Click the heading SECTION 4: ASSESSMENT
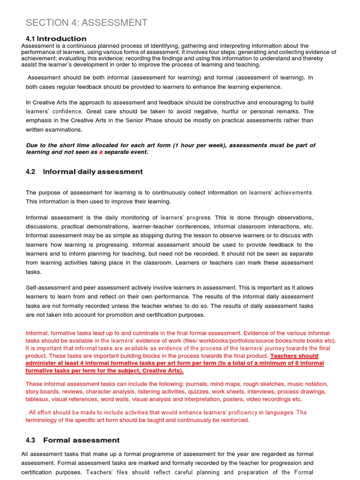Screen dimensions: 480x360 click(87, 22)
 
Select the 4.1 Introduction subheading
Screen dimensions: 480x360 click(56, 38)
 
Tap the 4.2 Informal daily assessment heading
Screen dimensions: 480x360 click(84, 172)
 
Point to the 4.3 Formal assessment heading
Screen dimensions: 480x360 click(73, 440)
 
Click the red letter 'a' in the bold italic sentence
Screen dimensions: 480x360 click(100, 152)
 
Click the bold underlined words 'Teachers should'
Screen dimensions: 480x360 click(294, 356)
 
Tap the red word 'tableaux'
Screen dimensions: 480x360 click(37, 399)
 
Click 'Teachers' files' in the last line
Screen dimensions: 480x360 click(106, 472)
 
